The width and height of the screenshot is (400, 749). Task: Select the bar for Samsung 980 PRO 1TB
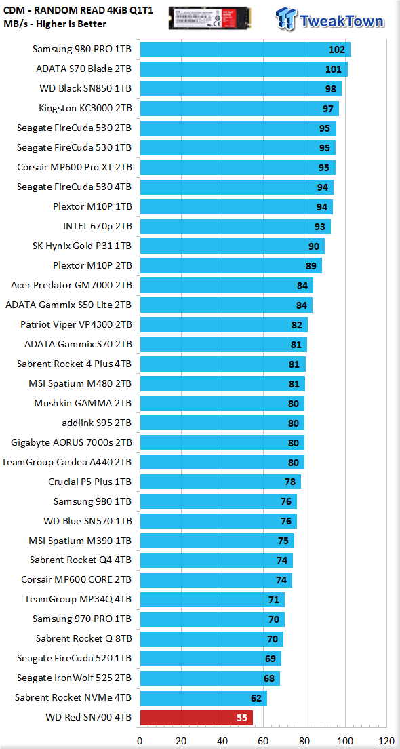pos(245,50)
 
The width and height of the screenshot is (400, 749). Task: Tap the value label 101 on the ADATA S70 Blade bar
pos(333,69)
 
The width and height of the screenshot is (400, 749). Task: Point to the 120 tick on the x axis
pos(386,741)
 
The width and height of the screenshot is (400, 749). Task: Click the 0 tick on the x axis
pos(140,741)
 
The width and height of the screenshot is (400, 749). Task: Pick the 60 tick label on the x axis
pos(263,741)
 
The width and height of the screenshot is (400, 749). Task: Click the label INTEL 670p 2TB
pos(98,226)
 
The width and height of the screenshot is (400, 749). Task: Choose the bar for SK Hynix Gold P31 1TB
pos(232,246)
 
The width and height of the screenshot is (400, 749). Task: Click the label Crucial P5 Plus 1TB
pos(90,482)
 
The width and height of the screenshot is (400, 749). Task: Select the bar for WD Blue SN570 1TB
pos(218,521)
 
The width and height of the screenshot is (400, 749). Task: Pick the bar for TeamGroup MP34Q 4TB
pos(212,600)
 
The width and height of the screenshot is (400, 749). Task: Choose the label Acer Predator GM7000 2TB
pos(72,285)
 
